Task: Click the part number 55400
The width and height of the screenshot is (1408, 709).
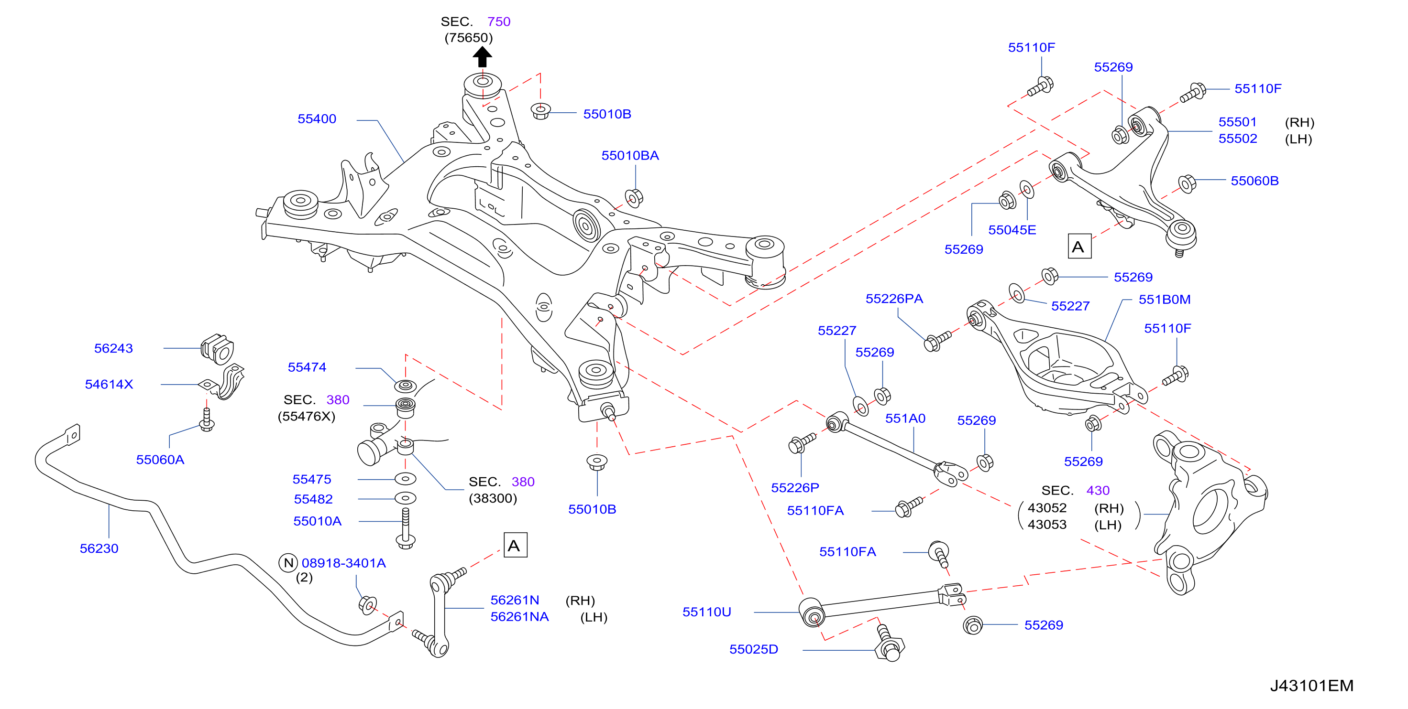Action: point(317,118)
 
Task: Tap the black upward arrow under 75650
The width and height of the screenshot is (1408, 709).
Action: point(482,57)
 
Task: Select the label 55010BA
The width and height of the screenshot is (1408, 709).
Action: point(630,156)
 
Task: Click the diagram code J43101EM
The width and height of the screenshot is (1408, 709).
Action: point(1311,686)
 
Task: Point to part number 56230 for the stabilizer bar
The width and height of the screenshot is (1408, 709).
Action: point(99,548)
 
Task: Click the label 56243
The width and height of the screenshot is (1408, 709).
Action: point(113,348)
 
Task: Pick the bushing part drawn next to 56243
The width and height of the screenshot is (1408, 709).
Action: point(217,348)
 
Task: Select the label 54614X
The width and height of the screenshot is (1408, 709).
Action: point(109,385)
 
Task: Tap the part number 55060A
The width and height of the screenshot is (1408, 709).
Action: point(160,460)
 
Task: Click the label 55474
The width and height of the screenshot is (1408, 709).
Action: point(307,367)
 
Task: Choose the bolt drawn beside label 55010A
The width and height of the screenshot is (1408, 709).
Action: point(406,528)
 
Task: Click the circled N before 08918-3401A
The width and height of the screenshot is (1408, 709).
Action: point(288,563)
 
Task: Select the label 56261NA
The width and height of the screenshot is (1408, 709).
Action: point(519,617)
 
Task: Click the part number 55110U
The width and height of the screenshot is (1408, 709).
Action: point(706,612)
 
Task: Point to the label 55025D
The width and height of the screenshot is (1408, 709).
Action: point(753,649)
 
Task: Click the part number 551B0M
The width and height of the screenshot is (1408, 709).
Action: point(1164,300)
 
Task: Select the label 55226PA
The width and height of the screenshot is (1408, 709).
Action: point(894,299)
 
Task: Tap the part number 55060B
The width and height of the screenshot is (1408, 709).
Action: point(1254,181)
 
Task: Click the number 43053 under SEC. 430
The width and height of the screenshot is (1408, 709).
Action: point(1047,525)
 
